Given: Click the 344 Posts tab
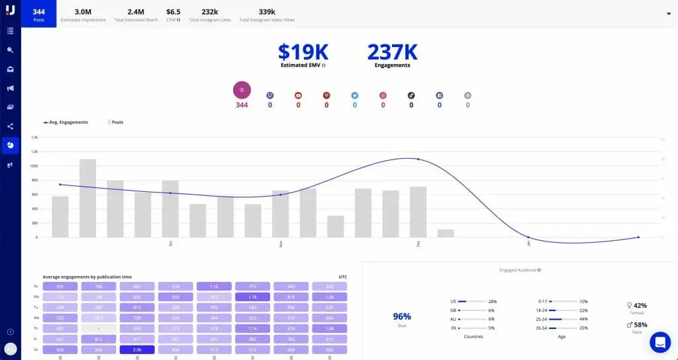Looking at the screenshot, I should click(38, 13).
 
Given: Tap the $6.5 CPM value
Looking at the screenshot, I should click(173, 13).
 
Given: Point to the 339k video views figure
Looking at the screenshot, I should click(267, 13).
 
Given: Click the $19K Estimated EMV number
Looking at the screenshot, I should click(303, 52).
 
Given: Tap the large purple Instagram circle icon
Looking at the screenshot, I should click(242, 91).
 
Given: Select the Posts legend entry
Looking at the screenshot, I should click(117, 122).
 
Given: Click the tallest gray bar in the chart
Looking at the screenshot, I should click(88, 198).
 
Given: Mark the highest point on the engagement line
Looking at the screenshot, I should click(418, 159).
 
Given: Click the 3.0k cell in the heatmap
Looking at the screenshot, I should click(137, 350).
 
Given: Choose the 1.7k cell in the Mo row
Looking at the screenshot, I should click(253, 297).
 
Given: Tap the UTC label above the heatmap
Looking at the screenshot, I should click(342, 277).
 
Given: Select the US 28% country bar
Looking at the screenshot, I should click(473, 302).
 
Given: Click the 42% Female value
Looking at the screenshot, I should click(638, 306).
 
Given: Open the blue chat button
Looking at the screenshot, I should click(660, 342).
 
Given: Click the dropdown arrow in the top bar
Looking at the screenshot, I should click(668, 13).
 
